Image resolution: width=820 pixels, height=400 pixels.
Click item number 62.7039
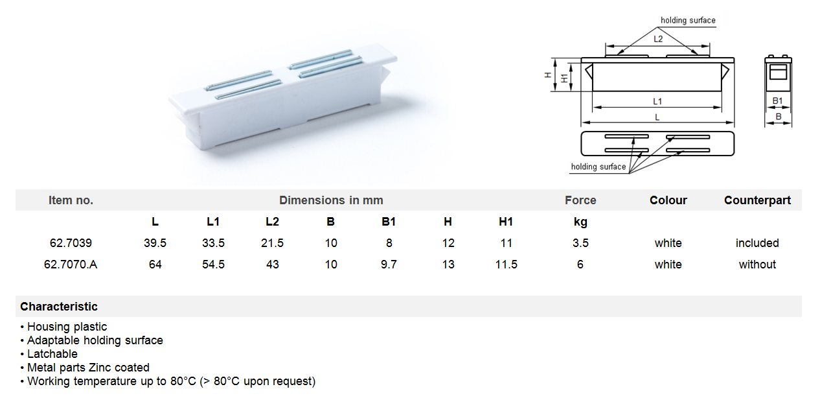71,243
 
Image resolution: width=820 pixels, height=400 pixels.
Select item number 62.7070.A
71,264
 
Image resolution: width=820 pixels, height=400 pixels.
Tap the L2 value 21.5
272,243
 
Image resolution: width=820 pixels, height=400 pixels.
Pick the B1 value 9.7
389,264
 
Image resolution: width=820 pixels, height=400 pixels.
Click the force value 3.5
580,243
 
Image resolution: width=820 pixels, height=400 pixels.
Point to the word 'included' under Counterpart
757,243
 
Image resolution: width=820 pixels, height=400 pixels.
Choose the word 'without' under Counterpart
757,264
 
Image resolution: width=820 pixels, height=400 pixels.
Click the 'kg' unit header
580,222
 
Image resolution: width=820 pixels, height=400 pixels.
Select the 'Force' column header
580,200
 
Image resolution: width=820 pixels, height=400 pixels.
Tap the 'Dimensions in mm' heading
331,200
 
